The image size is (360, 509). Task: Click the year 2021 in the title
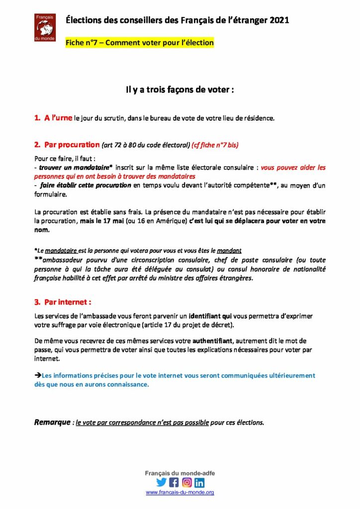[x=277, y=20]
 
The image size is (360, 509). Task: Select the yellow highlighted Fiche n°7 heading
[x=140, y=43]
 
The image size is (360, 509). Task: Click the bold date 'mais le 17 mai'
[x=102, y=221]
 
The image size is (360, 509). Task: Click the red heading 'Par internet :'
[x=68, y=302]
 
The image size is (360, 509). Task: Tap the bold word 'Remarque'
[x=52, y=423]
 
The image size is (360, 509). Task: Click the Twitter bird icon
[x=161, y=482]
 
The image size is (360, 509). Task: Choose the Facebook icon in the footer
[x=174, y=482]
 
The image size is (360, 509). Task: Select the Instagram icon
[x=187, y=482]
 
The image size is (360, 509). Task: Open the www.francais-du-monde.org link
[x=180, y=492]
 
